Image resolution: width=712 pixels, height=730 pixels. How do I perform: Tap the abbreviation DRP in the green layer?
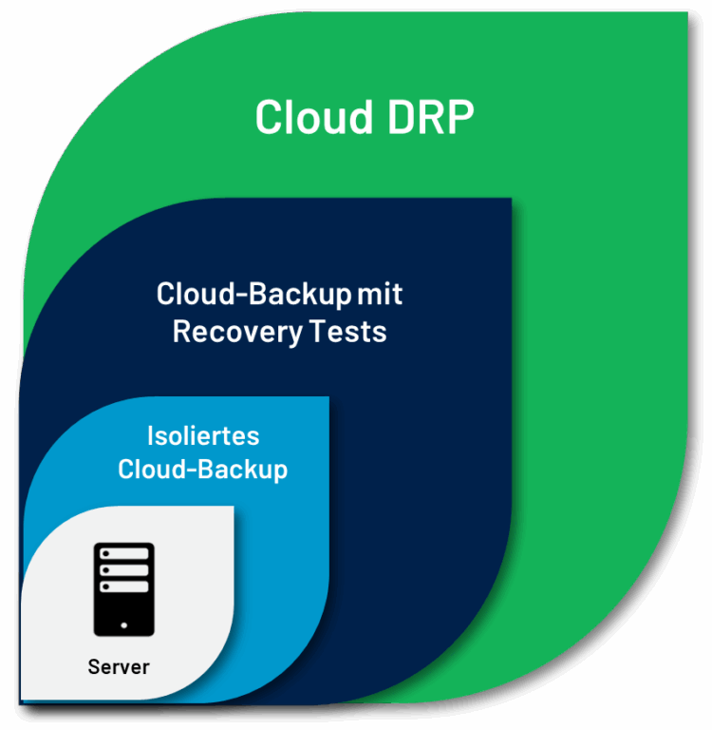pos(431,117)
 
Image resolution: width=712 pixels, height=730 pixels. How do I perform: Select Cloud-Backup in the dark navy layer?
pos(253,295)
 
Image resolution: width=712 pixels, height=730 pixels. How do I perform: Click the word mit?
pos(380,295)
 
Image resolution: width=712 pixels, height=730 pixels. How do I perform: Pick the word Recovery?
pos(237,333)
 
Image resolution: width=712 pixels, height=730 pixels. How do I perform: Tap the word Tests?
pos(347,332)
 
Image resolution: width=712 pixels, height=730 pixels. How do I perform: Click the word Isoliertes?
pos(203,436)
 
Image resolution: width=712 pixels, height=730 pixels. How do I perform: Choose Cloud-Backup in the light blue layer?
pos(203,470)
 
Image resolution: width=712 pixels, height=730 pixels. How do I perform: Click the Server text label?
pos(119,667)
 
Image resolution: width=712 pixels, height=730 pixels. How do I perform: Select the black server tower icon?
pos(124,589)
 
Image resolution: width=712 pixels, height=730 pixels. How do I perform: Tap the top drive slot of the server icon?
pos(124,553)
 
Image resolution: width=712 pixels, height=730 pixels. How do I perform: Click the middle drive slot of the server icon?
pos(124,570)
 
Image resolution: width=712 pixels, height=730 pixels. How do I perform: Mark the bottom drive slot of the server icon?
pos(124,586)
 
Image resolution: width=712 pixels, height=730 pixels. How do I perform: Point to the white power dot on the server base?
pos(124,625)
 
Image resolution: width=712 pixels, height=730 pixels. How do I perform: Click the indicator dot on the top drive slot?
pos(106,553)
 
